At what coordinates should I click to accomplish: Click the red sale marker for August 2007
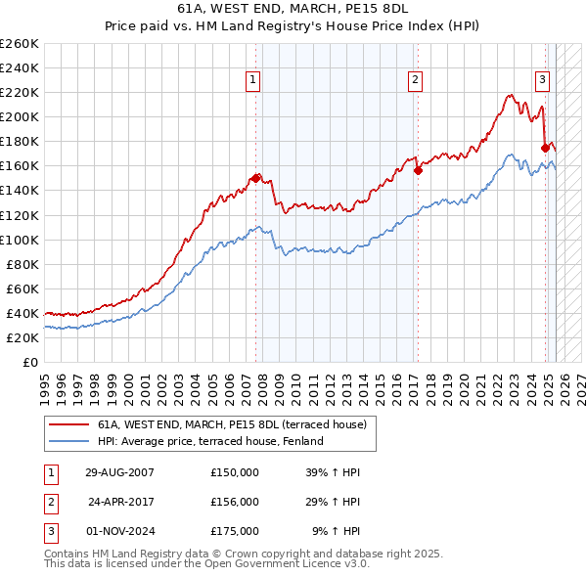256,178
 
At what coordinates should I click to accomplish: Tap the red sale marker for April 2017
418,170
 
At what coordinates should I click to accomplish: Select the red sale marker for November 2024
545,148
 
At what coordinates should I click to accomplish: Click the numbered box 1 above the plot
253,80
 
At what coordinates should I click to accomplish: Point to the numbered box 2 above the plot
416,80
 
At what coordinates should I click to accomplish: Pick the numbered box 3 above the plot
542,80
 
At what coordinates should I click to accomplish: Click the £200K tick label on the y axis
19,116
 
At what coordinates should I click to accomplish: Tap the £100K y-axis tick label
19,240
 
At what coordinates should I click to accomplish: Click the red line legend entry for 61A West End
231,424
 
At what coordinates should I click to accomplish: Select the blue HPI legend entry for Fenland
209,441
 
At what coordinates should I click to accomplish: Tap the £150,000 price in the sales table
234,472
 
